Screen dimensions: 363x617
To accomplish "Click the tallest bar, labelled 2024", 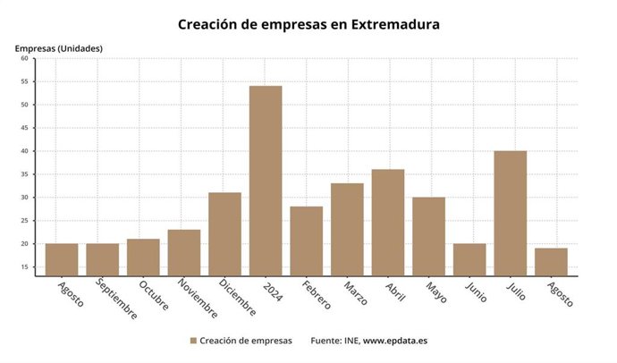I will pos(266,181).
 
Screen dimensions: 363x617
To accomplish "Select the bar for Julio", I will pos(510,213).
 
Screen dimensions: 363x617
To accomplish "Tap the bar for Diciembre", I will pos(224,233).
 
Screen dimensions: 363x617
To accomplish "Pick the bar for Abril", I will pos(388,222).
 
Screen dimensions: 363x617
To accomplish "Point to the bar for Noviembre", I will pos(184,252).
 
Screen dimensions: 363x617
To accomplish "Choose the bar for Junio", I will pos(469,259).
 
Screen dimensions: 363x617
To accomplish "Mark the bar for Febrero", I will pos(306,241).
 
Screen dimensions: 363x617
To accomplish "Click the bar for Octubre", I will pos(143,257).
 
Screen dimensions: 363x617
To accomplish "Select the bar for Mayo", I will pos(428,236).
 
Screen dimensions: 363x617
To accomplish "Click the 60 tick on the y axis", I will pos(24,58).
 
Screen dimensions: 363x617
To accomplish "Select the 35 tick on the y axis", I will pos(24,174).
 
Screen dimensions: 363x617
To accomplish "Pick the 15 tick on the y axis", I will pos(24,267).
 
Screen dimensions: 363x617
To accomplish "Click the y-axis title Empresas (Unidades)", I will pos(59,47).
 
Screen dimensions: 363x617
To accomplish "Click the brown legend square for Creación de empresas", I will pos(193,341).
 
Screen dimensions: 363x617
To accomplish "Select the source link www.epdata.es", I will pos(396,341).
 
